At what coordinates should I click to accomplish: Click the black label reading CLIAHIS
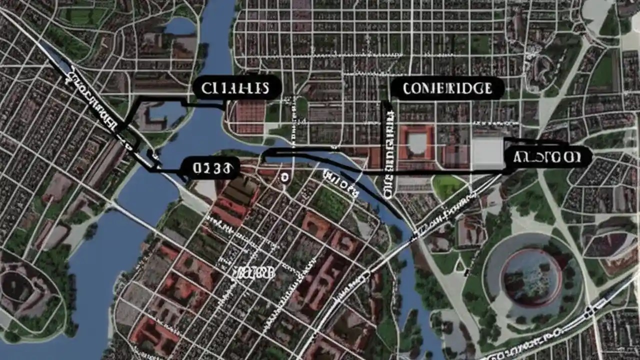click(235, 88)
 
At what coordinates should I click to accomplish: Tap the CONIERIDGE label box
click(447, 88)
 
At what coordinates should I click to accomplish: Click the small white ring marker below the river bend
click(284, 176)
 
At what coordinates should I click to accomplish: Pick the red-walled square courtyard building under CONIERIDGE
click(416, 142)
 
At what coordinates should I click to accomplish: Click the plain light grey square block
click(487, 152)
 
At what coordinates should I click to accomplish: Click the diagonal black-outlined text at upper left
click(93, 102)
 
